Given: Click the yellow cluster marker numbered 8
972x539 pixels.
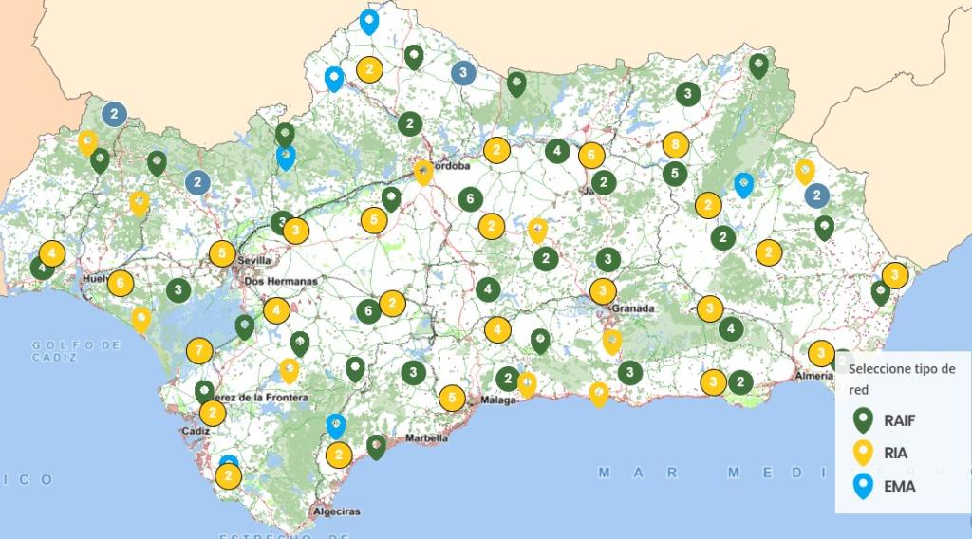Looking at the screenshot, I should click(675, 145).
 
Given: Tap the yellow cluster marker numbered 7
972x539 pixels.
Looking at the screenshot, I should click(198, 351).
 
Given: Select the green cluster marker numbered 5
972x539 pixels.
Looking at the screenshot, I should click(675, 174).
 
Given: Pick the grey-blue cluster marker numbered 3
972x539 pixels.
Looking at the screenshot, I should click(463, 72).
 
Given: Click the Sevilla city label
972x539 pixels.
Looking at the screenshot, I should click(255, 260).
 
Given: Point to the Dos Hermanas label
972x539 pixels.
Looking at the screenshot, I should click(281, 282).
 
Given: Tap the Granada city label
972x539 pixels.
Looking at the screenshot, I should click(633, 309).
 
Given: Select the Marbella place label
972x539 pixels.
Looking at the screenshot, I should click(426, 438).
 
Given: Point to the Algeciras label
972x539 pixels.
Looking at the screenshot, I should click(336, 512).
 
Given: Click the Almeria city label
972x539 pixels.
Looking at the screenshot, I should click(815, 376).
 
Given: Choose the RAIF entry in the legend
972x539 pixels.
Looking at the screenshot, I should click(888, 419).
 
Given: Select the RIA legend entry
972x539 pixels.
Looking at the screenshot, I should click(888, 453).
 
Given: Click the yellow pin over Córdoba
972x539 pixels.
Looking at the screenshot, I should click(423, 172).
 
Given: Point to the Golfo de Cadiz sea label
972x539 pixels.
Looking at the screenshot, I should click(76, 350).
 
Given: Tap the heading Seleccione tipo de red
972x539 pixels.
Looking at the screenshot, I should click(902, 379).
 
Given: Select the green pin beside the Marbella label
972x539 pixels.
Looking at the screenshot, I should click(376, 445).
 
